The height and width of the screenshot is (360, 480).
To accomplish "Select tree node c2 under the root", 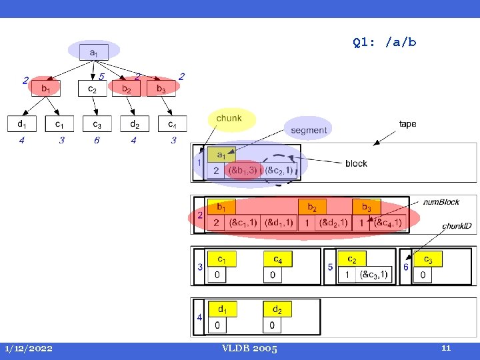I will (x=93, y=88).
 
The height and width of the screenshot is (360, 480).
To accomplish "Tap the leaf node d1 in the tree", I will (x=22, y=123).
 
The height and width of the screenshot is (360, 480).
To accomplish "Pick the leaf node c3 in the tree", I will (x=97, y=123).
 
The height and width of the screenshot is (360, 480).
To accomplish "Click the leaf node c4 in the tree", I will (x=172, y=123).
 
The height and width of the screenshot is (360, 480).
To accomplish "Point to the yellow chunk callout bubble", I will (x=230, y=119).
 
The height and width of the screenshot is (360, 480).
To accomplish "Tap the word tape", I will (x=407, y=124).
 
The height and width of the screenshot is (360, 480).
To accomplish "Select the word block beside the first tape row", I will (x=356, y=163).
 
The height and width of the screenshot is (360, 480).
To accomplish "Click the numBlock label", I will (x=441, y=201).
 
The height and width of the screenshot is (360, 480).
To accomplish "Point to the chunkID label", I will (x=457, y=226).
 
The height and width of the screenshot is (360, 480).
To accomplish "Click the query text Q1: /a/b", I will (x=385, y=43).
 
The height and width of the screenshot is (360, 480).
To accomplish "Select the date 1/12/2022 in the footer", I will (x=29, y=348).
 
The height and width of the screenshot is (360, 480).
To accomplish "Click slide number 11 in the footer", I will (x=446, y=347).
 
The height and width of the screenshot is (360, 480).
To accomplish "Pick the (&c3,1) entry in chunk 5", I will (x=373, y=274).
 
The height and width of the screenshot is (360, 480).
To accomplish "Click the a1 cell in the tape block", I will (x=217, y=155).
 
